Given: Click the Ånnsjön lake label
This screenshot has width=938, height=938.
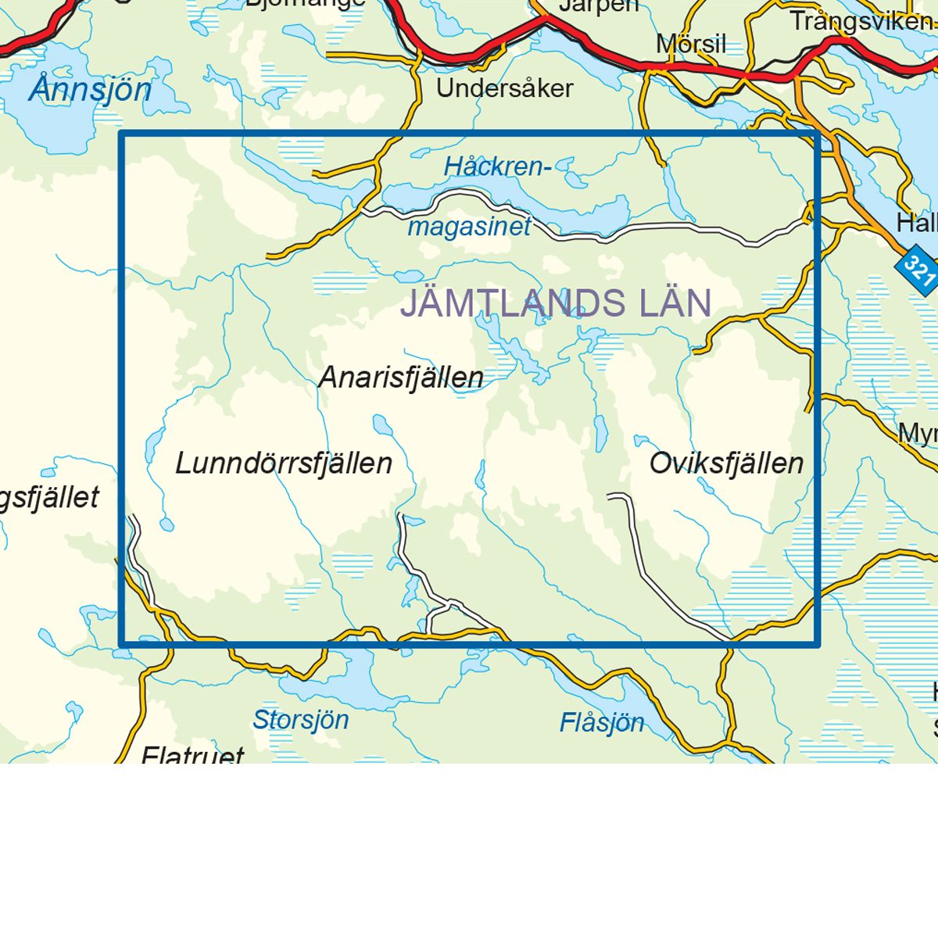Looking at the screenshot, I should pos(91,90).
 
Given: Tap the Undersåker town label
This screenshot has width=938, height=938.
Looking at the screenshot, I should pos(504,88).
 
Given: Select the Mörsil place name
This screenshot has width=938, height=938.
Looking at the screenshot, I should pos(691,45).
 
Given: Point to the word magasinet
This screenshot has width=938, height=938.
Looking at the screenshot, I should pos(469,227).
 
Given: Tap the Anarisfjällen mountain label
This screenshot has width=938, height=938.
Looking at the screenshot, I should pos(401,378).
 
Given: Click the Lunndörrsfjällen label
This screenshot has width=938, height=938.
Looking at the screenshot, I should pos(283,464).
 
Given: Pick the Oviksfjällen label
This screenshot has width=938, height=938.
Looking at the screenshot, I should pos(726,464).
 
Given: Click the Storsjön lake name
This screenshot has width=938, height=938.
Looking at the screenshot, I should pos(300,720).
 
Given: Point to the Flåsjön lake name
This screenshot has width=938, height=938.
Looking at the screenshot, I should pos(602,723).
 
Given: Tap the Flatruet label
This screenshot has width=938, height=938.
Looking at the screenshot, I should pos(192,755).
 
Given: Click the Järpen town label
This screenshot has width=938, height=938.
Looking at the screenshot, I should pos(598,6).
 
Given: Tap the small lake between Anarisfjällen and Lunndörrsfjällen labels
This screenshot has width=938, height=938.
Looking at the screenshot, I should pos(382,426).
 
